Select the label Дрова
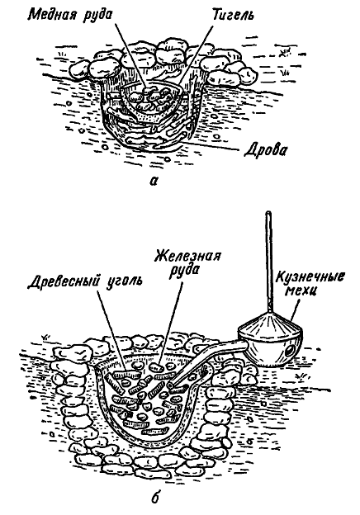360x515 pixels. point(265,150)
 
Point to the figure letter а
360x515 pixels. point(153,180)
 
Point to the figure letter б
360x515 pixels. point(155,498)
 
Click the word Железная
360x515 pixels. point(188,257)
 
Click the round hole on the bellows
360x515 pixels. point(289,352)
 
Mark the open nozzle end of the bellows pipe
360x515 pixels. point(172,385)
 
